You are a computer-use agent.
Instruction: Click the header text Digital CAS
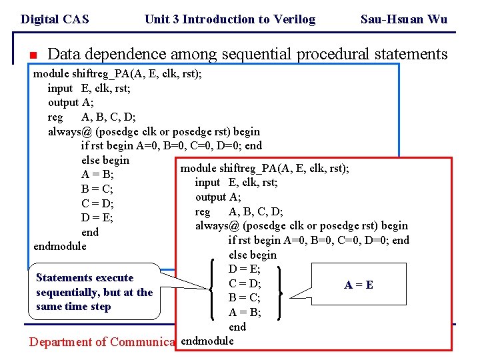pos(55,19)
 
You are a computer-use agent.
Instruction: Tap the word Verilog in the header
pos(291,19)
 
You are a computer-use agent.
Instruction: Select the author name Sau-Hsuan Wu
pos(403,19)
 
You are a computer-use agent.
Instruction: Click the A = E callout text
pos(359,285)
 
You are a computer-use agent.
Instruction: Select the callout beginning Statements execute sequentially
pos(94,292)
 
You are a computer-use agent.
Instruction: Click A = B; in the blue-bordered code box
pos(97,175)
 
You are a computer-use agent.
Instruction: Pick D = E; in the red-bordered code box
pos(244,269)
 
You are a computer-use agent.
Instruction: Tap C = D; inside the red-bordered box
pos(244,283)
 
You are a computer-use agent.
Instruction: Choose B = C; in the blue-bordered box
pos(97,189)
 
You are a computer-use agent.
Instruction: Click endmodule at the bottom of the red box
pos(207,341)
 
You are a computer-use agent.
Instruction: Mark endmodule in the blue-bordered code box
pos(60,246)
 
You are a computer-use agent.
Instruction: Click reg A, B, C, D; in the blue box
pos(91,117)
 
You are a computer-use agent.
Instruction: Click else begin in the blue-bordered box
pos(105,160)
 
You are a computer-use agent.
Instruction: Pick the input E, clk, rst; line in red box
pos(236,182)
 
